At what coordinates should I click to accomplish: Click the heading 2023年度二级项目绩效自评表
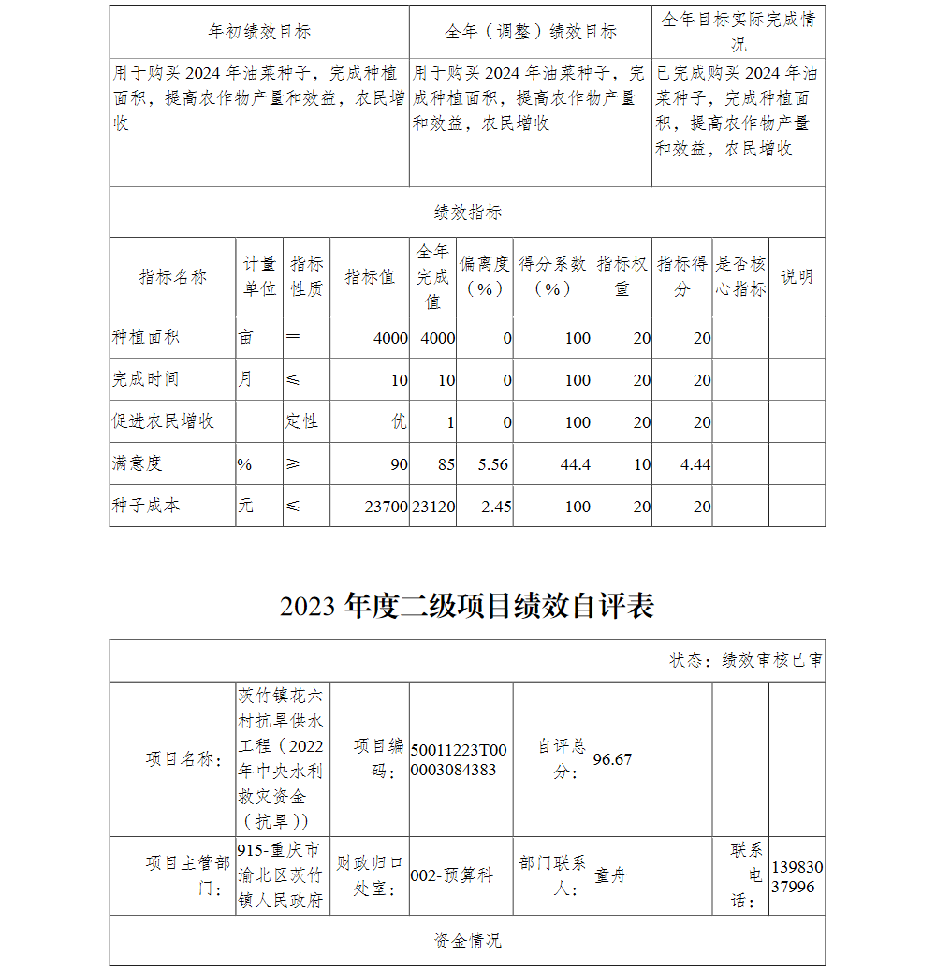pyautogui.click(x=466, y=606)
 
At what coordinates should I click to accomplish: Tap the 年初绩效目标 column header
pyautogui.click(x=259, y=32)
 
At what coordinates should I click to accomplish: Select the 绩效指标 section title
pyautogui.click(x=467, y=213)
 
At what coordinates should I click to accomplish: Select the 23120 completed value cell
pyautogui.click(x=433, y=507)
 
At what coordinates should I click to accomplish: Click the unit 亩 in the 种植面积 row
pyautogui.click(x=245, y=337)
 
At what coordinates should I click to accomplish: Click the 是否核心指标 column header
pyautogui.click(x=740, y=277)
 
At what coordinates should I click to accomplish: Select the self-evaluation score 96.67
pyautogui.click(x=613, y=759)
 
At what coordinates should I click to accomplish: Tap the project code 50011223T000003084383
pyautogui.click(x=459, y=759)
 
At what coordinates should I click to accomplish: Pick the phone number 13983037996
pyautogui.click(x=797, y=876)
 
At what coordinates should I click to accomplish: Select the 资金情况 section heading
pyautogui.click(x=467, y=940)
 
